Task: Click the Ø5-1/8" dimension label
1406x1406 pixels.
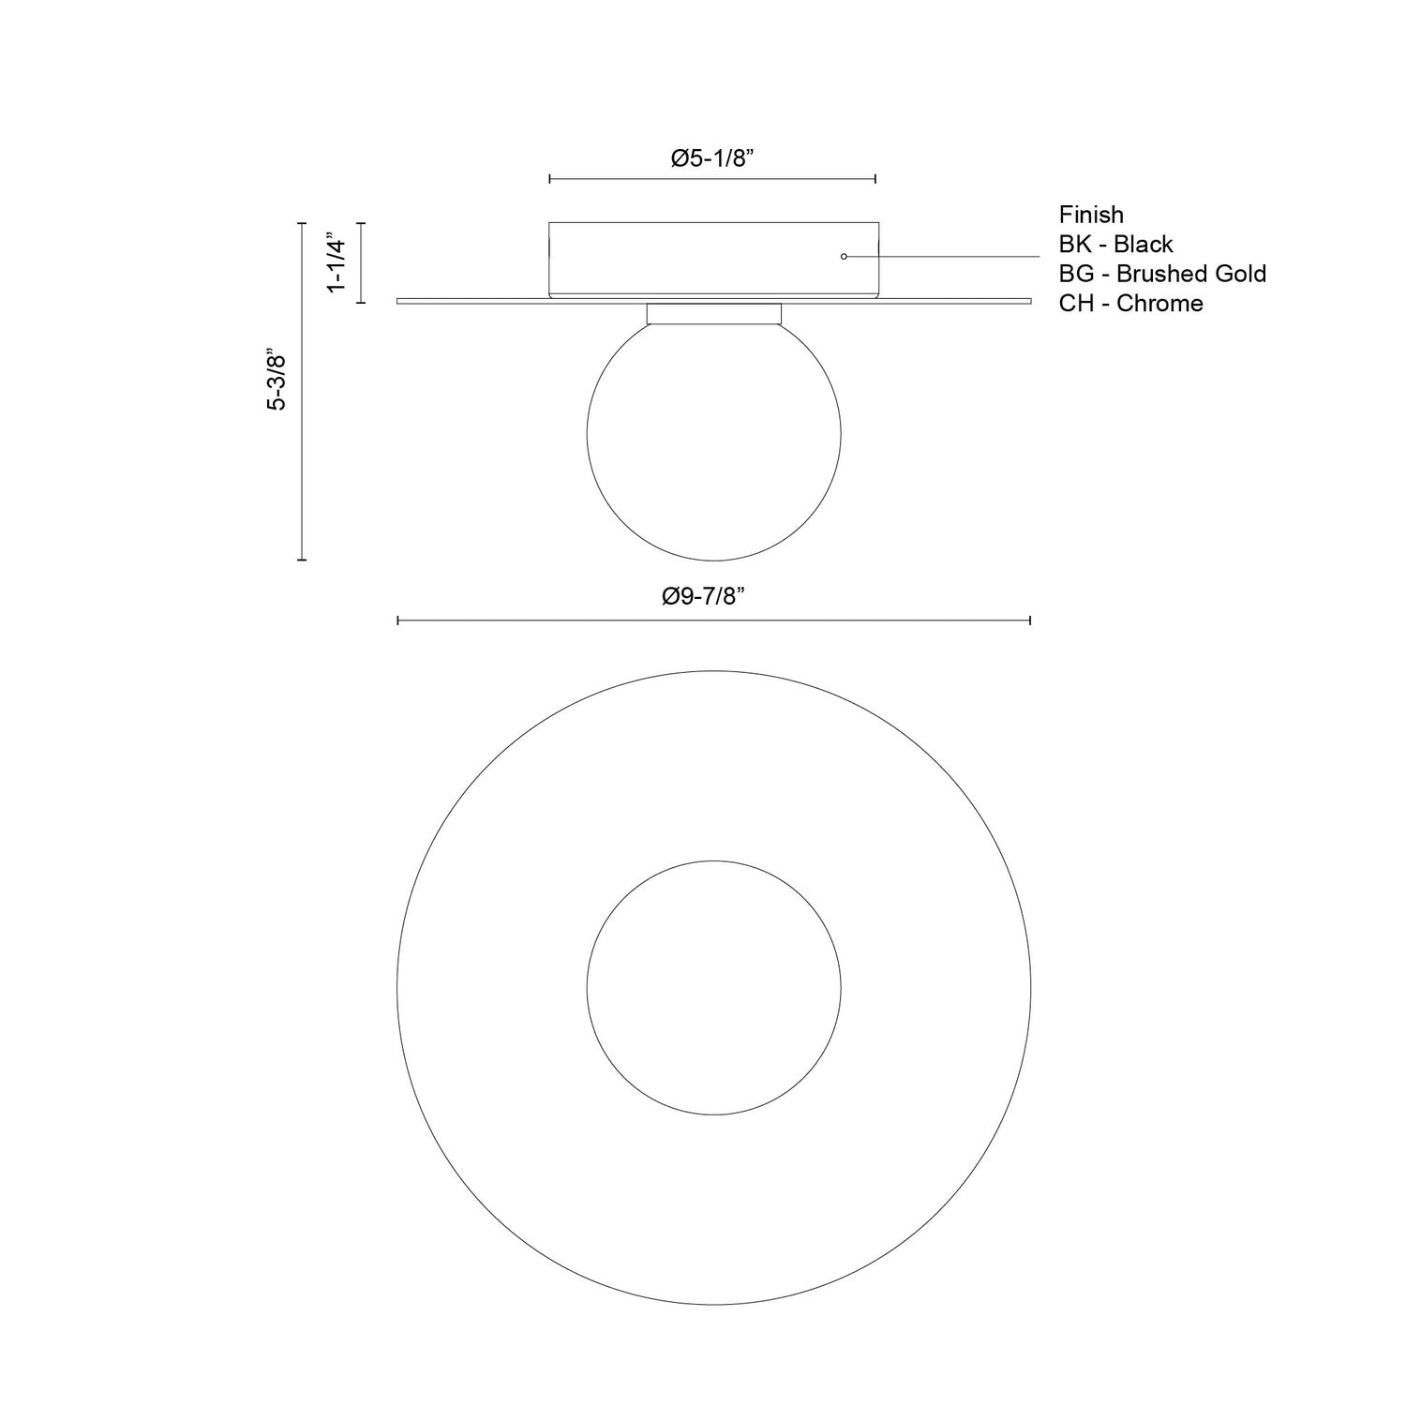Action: [x=712, y=158]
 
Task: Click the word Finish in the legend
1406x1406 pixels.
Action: [x=1091, y=215]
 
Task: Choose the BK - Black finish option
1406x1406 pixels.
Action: [x=1115, y=245]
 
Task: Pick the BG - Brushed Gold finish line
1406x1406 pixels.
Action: [x=1162, y=274]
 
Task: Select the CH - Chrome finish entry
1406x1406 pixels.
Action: [x=1130, y=304]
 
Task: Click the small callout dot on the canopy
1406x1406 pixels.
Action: [x=844, y=256]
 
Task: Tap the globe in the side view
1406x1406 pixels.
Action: [x=713, y=436]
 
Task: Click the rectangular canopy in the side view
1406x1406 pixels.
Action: [x=712, y=259]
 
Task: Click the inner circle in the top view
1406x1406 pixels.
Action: [x=713, y=987]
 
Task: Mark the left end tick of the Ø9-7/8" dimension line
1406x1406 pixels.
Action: [x=398, y=621]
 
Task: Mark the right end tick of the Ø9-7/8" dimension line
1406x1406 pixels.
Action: [x=1030, y=621]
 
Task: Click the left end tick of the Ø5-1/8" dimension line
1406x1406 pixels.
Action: [x=550, y=178]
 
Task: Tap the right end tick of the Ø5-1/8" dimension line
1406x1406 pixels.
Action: [x=875, y=178]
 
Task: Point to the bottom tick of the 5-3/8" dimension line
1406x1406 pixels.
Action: [x=302, y=560]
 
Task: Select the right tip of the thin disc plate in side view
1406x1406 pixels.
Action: [x=1029, y=301]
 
